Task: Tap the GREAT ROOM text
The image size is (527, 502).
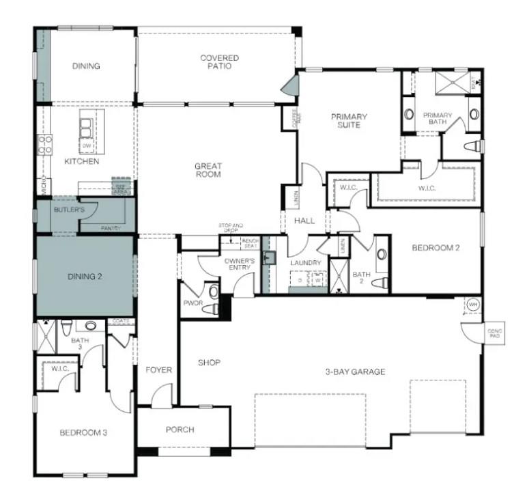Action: pyautogui.click(x=208, y=170)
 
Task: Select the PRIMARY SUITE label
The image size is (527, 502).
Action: pyautogui.click(x=349, y=121)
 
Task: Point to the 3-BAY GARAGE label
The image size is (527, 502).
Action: pyautogui.click(x=354, y=372)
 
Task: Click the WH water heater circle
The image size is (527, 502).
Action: pyautogui.click(x=472, y=305)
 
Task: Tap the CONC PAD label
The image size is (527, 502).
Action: pyautogui.click(x=494, y=333)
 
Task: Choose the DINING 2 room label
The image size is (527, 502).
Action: pyautogui.click(x=85, y=277)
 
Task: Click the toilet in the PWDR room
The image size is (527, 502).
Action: pyautogui.click(x=212, y=309)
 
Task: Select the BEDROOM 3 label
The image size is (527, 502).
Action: pyautogui.click(x=83, y=432)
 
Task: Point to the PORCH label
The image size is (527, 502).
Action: pyautogui.click(x=180, y=430)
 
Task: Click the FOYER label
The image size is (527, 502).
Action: pyautogui.click(x=158, y=370)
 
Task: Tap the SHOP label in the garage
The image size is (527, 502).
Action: pyautogui.click(x=209, y=363)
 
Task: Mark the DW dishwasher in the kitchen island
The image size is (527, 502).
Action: pyautogui.click(x=87, y=146)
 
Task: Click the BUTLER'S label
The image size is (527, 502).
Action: pyautogui.click(x=69, y=210)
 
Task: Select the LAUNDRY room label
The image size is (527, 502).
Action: pyautogui.click(x=305, y=263)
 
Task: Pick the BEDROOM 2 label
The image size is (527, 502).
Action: pyautogui.click(x=435, y=248)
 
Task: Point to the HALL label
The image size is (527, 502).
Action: pyautogui.click(x=304, y=221)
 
